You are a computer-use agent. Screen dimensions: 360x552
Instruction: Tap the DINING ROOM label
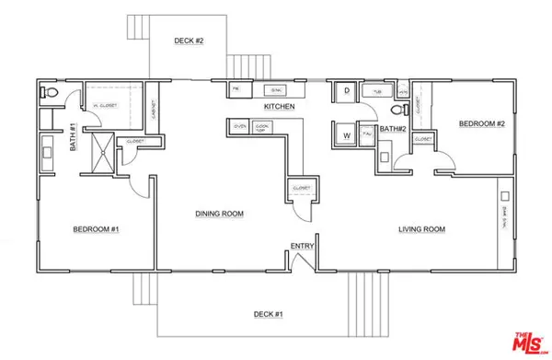219,214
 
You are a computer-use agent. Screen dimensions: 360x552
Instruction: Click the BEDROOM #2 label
480,122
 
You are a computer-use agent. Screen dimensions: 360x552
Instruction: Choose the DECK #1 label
268,315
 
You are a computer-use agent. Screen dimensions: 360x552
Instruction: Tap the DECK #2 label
189,41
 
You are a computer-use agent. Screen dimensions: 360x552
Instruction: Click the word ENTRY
302,245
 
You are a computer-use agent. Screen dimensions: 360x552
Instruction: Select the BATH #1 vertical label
73,138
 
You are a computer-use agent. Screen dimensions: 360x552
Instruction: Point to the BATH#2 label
394,129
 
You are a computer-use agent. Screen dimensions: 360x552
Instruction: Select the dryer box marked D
347,91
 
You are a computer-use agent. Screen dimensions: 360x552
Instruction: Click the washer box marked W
347,134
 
